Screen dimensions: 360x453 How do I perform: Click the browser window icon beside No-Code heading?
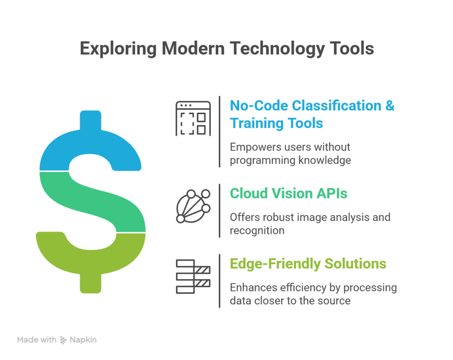[x=193, y=118]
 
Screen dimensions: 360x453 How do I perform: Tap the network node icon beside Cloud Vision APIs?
[x=193, y=206]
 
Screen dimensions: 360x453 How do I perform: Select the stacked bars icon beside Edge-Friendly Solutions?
[x=193, y=276]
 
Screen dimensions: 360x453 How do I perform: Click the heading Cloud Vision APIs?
[x=288, y=193]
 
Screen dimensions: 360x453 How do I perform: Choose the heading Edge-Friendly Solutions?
[x=308, y=264]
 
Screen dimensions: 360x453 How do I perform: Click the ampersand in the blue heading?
[x=389, y=106]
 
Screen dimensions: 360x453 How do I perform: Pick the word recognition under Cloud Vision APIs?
[x=257, y=230]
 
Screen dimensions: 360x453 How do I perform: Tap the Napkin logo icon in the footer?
[x=63, y=340]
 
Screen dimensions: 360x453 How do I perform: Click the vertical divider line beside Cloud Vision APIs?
[x=220, y=211]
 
